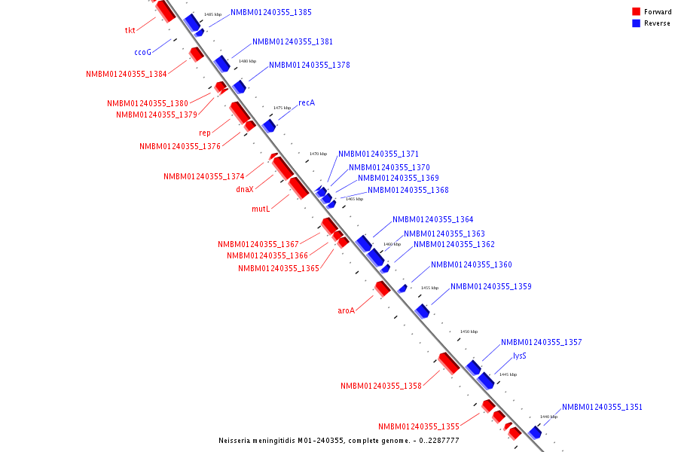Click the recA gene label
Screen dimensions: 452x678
(x=307, y=102)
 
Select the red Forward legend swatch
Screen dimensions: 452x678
(x=636, y=12)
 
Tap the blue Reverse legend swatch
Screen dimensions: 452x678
(x=636, y=23)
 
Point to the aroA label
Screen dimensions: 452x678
(x=346, y=310)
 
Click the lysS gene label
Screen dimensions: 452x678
(x=519, y=356)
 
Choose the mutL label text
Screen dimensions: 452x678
(x=261, y=209)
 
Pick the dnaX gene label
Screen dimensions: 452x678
(x=244, y=190)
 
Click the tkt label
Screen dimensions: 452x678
(x=130, y=31)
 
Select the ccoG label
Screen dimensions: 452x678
(x=142, y=53)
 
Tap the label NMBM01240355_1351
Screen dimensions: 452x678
(x=602, y=408)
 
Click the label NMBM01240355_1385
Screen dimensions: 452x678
(x=271, y=13)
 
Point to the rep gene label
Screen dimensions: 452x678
(x=205, y=133)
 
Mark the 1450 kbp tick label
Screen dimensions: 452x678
(x=469, y=331)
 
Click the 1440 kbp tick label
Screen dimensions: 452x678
(x=548, y=417)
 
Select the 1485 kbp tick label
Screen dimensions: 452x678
(x=213, y=14)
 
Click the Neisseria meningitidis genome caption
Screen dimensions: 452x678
(x=338, y=441)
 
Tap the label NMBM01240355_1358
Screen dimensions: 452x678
(x=380, y=386)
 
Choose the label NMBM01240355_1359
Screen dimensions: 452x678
(x=491, y=287)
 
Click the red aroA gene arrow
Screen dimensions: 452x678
(x=383, y=288)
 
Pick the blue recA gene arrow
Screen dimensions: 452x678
(x=269, y=125)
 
